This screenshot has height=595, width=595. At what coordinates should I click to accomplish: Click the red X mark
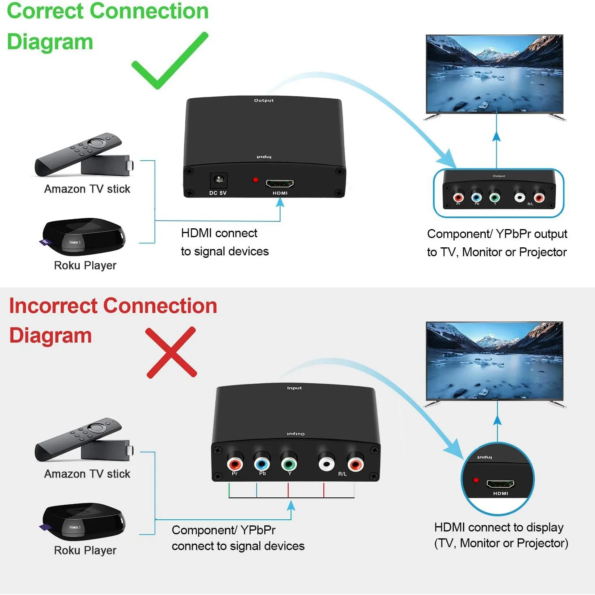click(171, 353)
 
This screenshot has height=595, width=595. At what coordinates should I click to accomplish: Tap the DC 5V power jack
click(219, 179)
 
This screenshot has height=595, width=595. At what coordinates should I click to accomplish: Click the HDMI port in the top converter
click(280, 183)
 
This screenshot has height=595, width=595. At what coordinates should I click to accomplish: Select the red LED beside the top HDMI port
click(255, 179)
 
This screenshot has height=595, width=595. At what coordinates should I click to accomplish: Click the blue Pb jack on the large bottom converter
click(262, 463)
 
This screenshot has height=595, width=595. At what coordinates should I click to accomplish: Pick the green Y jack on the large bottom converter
click(289, 463)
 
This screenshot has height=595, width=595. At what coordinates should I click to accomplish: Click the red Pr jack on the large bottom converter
click(235, 463)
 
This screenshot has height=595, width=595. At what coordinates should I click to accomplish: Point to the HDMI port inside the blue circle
click(500, 484)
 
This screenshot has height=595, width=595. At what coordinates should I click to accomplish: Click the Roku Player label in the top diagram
click(85, 266)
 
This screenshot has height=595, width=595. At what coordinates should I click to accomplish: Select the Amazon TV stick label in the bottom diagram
click(87, 474)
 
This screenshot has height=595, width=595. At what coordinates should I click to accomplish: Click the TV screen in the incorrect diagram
click(494, 360)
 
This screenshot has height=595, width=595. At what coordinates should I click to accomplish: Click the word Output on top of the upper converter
click(263, 100)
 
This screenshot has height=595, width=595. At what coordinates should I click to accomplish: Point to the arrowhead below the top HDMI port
click(280, 202)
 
